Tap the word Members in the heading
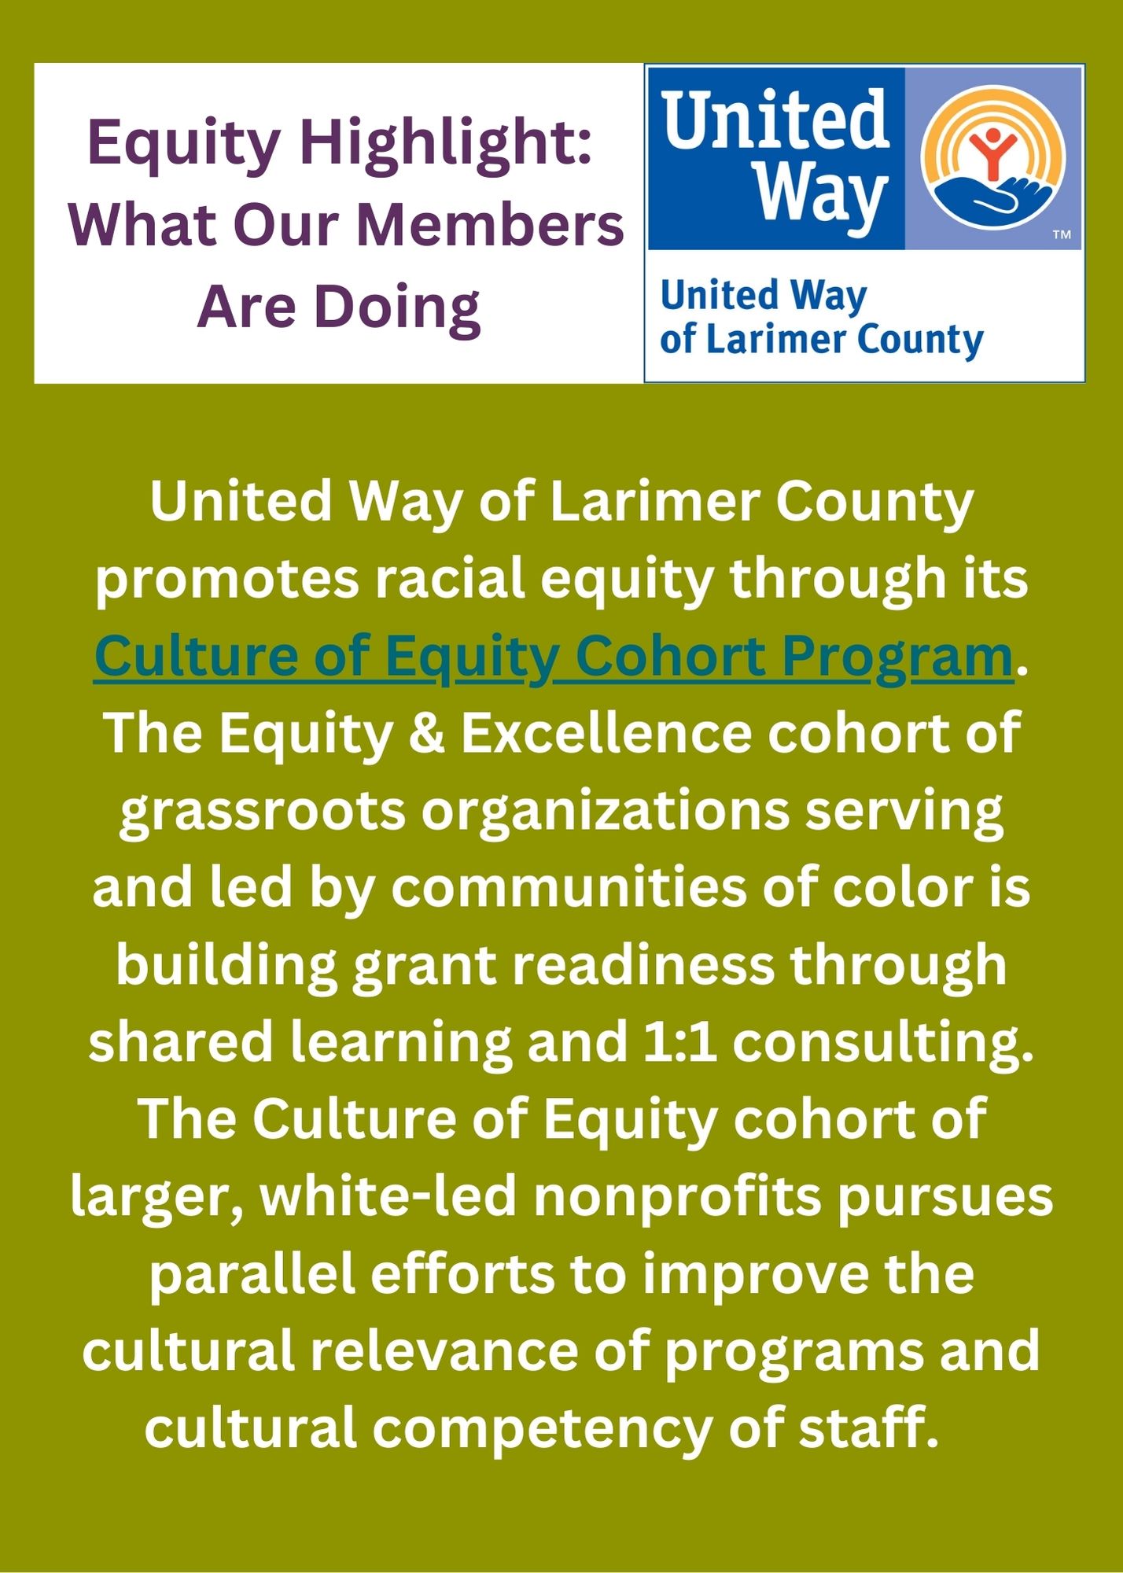pyautogui.click(x=490, y=225)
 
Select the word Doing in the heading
pyautogui.click(x=397, y=310)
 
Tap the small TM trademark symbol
pyautogui.click(x=1062, y=234)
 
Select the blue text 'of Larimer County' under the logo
pyautogui.click(x=822, y=340)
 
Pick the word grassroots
pyautogui.click(x=263, y=812)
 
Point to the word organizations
pyautogui.click(x=605, y=812)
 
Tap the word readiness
pyautogui.click(x=643, y=966)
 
